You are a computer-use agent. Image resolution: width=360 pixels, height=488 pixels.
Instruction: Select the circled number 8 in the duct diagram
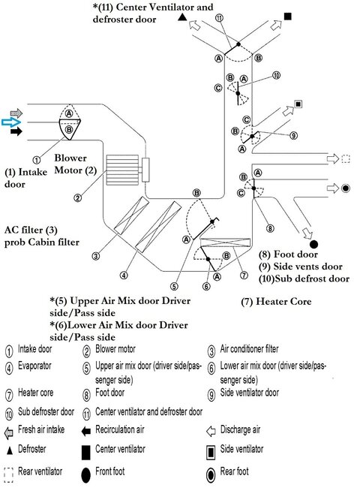point(269,228)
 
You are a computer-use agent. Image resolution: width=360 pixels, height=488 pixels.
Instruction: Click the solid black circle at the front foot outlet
point(313,243)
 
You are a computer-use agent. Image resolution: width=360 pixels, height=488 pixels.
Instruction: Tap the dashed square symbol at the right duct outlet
point(346,158)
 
